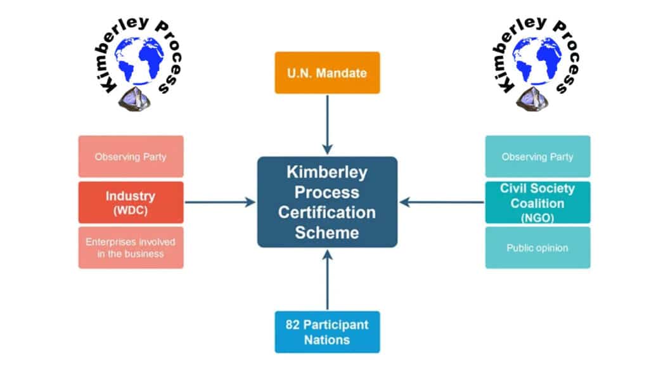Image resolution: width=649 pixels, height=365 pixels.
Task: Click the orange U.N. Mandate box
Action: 327,73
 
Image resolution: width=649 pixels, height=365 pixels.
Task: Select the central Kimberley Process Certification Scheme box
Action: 327,202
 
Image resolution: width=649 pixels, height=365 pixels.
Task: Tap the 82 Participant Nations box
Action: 327,332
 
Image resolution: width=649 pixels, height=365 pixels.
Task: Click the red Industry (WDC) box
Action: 131,203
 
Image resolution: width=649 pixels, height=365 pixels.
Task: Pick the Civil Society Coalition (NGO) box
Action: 537,203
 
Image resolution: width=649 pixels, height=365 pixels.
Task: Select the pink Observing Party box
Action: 131,157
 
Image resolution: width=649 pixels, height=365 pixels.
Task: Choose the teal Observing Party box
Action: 537,157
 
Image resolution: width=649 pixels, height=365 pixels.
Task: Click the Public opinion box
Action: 537,248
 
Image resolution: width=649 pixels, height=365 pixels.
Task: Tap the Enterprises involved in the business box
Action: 131,248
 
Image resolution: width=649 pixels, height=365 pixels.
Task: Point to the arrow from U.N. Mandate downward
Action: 327,124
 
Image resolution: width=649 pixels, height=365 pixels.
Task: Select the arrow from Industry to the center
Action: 219,203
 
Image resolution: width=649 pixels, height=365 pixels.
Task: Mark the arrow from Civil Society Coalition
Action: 442,203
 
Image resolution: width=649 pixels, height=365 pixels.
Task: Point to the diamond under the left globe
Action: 134,99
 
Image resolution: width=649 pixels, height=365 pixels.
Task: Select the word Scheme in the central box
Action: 327,232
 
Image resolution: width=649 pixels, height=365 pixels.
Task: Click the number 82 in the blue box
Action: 293,325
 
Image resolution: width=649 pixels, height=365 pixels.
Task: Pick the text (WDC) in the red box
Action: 131,211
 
